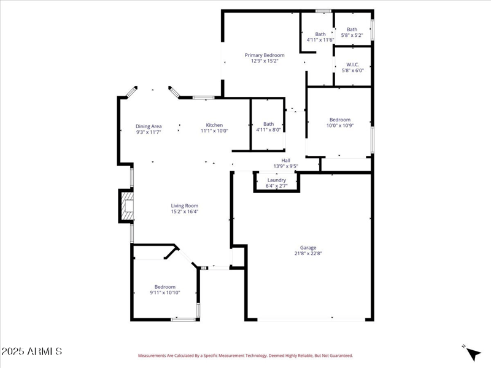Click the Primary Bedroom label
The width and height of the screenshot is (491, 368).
point(265,55)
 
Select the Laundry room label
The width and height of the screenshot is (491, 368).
point(276,180)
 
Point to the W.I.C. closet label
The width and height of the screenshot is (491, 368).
point(352,64)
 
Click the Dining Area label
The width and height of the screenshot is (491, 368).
point(149,126)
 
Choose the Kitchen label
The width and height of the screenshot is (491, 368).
point(214,125)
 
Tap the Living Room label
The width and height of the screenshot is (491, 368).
point(184,206)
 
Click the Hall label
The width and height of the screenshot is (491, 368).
point(285,161)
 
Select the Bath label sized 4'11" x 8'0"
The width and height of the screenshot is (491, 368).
point(269,124)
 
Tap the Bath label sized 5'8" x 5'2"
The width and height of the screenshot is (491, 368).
point(352,29)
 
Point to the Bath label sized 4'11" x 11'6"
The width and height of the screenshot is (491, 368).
point(320,34)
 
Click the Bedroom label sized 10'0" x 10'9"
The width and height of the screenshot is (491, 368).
point(339,120)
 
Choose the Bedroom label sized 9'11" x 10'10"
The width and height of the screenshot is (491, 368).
point(164,287)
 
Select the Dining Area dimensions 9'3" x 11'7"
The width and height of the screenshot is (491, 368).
point(149,132)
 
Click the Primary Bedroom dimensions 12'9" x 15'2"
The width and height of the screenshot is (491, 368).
point(265,61)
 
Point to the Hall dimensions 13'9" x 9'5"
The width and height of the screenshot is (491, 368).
point(285,166)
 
